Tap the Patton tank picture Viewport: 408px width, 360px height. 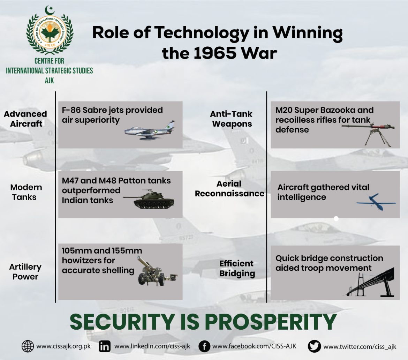pos(149,200)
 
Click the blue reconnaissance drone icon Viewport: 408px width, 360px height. pos(376,202)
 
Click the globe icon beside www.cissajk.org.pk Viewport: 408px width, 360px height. pos(28,346)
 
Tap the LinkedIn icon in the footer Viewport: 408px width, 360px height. pos(105,346)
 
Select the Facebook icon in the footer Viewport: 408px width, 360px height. pos(204,346)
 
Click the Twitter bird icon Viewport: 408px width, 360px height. pos(314,346)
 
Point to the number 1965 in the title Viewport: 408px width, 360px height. pos(215,53)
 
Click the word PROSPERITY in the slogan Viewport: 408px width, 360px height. pos(271,322)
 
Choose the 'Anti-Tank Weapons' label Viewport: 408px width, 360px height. pos(231,119)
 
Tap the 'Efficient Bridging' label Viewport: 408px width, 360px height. pos(237,268)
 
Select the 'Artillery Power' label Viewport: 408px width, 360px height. pos(25,271)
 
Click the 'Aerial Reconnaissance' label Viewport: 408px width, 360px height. pos(229,189)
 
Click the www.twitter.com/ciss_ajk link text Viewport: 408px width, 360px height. pos(360,347)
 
